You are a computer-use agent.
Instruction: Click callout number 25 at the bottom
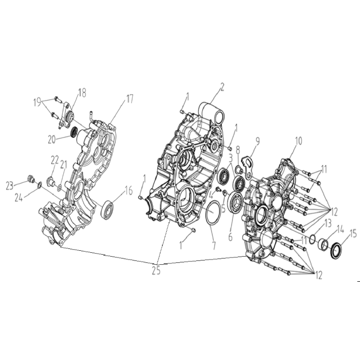156,271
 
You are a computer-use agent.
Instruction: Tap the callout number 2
222,87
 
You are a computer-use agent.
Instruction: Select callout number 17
130,99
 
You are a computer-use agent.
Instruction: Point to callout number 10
298,141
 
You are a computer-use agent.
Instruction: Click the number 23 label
10,186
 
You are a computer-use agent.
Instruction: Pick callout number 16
129,190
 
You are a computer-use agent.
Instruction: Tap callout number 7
214,246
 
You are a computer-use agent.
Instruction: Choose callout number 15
353,234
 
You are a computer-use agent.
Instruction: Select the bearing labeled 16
107,210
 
